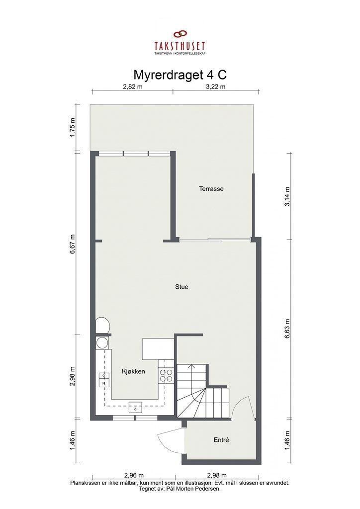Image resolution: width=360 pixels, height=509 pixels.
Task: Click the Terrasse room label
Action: point(211,189)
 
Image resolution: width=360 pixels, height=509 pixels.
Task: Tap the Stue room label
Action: point(181,287)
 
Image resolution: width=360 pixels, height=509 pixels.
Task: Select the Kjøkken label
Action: point(133,371)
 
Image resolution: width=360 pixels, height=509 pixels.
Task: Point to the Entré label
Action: point(221,440)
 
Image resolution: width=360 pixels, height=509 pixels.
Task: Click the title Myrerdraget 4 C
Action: point(180,75)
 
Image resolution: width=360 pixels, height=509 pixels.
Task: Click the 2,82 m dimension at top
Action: point(132,86)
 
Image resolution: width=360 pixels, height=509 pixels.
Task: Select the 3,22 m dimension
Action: point(216,86)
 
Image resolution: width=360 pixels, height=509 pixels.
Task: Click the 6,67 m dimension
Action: point(73,244)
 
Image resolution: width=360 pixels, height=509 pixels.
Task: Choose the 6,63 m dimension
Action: point(287,329)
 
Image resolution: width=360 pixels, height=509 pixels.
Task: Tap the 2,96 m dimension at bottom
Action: point(134,475)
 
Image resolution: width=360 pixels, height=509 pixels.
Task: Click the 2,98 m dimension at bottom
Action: point(216,475)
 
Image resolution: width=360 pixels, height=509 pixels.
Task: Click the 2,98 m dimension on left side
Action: point(73,376)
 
